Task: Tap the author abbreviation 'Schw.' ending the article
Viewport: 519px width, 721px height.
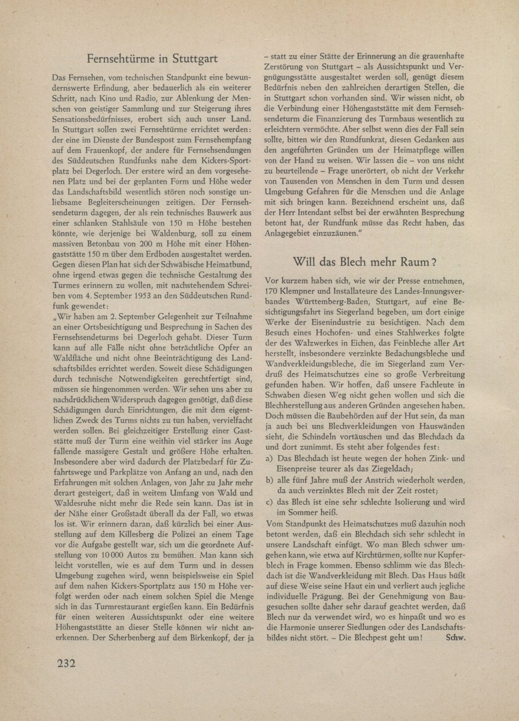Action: click(456, 638)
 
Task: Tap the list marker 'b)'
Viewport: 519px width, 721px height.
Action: click(270, 480)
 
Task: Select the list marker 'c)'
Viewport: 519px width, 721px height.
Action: click(270, 502)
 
